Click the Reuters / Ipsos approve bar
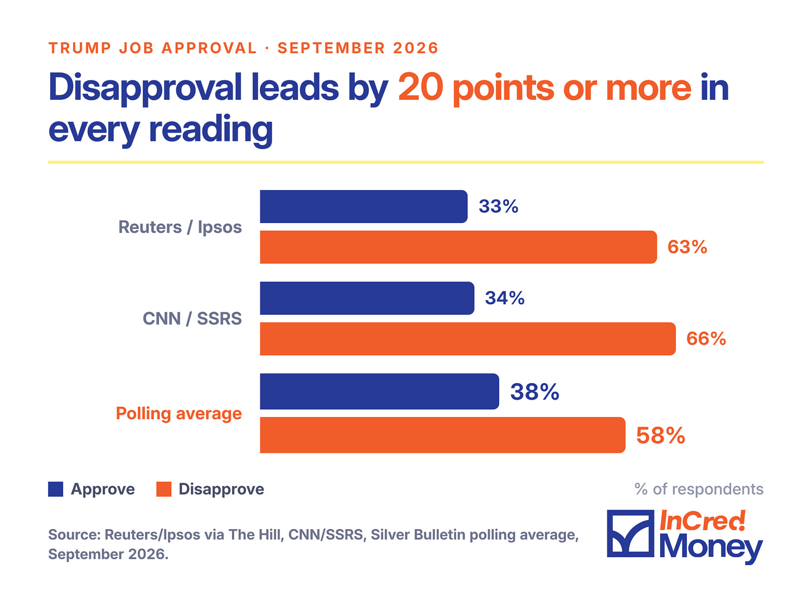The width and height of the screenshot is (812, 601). tap(364, 206)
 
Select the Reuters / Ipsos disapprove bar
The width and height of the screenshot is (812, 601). tap(458, 247)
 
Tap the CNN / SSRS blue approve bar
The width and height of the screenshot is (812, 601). tap(367, 298)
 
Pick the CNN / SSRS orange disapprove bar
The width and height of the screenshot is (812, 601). tap(468, 338)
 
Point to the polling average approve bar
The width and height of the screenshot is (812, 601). tap(379, 391)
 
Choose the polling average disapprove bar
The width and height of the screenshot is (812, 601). tap(443, 435)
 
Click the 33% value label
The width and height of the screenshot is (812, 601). tap(498, 206)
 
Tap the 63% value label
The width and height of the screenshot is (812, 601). tap(687, 246)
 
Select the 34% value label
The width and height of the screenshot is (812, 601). tap(505, 298)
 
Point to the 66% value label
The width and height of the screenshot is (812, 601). tap(706, 338)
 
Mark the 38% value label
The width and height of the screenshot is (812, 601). tap(534, 391)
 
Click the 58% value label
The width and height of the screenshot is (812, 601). tap(660, 435)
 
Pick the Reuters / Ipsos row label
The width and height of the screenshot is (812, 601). tap(180, 227)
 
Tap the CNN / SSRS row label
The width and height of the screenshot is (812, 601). tap(192, 318)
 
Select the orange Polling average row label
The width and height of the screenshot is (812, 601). tap(178, 414)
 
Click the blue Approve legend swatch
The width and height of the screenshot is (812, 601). tap(56, 489)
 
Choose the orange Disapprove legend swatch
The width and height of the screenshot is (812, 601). tap(163, 489)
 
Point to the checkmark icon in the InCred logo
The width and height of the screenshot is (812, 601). tap(630, 534)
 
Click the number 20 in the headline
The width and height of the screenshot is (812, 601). tap(420, 87)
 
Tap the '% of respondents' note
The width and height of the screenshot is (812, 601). tap(699, 489)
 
